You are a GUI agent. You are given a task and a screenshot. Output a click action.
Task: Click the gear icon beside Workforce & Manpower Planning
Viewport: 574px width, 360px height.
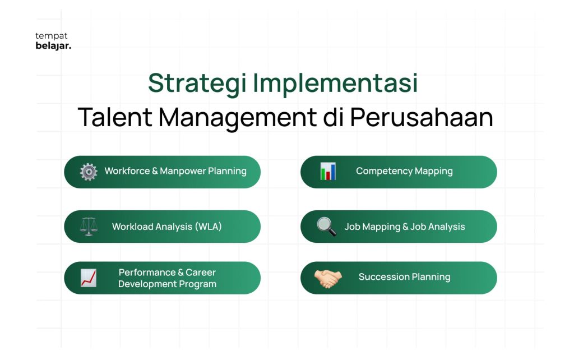(x=89, y=172)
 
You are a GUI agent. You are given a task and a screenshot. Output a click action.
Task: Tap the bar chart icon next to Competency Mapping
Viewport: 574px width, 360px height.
(x=327, y=171)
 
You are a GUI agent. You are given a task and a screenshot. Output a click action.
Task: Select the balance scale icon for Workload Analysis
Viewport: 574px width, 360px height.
(x=89, y=227)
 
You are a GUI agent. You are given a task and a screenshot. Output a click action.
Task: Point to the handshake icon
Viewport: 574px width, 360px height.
(x=328, y=278)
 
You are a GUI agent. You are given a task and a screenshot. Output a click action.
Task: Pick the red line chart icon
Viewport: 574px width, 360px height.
(x=89, y=278)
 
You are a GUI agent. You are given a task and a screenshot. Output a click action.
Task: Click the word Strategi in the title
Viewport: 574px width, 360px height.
(x=197, y=84)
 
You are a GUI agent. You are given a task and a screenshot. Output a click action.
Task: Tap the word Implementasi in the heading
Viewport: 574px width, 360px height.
(x=335, y=84)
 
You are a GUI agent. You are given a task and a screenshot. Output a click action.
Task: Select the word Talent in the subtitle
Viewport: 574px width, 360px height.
(x=115, y=117)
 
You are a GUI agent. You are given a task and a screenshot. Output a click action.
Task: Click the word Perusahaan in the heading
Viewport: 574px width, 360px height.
(x=422, y=117)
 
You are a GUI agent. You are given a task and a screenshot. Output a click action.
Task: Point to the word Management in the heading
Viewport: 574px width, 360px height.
(x=238, y=118)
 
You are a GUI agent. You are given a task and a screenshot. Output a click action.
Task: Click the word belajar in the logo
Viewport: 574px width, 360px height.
(x=53, y=46)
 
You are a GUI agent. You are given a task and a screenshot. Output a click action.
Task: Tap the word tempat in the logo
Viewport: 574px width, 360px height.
(x=52, y=36)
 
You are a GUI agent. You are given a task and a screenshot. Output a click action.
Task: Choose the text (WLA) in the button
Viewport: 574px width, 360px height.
(x=209, y=227)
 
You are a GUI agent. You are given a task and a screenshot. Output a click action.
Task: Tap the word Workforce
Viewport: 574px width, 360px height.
(x=127, y=171)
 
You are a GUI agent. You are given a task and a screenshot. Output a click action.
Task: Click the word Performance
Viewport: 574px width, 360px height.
(x=147, y=273)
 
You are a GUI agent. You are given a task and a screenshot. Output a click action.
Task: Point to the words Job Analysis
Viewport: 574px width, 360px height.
(x=437, y=227)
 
